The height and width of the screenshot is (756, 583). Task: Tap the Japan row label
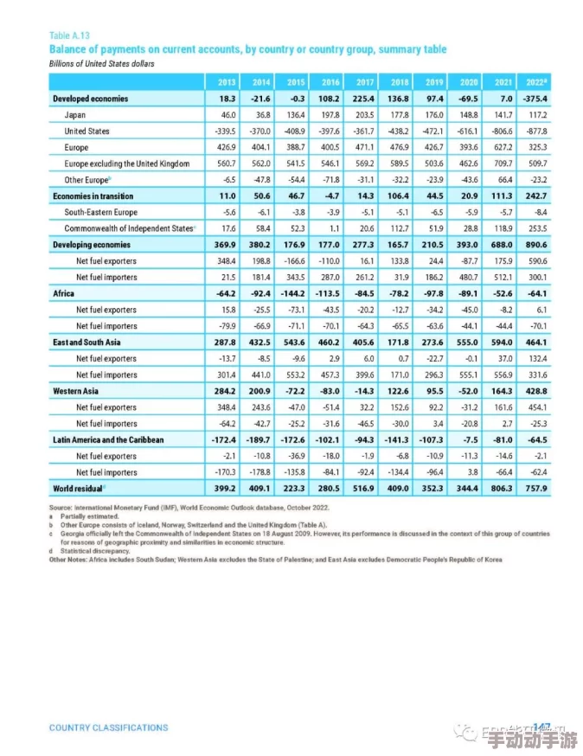pos(74,115)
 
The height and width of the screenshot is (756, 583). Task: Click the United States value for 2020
pos(468,131)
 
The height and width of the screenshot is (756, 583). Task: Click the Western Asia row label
pos(74,392)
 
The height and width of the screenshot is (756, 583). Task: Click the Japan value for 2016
pos(330,115)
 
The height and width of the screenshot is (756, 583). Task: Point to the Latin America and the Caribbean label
pos(108,440)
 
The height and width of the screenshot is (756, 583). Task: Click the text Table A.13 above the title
pos(69,36)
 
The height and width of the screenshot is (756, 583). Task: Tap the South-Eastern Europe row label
pos(100,212)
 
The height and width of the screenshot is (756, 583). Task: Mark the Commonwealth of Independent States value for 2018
pos(398,228)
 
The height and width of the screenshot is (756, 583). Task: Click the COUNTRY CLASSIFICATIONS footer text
pos(108,727)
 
